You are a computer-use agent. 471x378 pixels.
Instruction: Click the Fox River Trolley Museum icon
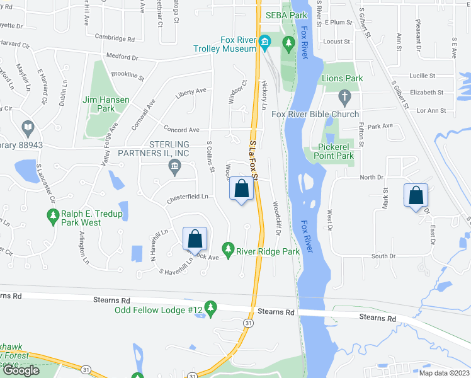click(265, 43)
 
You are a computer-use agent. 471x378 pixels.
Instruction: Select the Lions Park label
click(342, 79)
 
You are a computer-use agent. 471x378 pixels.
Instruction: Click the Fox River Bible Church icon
click(344, 97)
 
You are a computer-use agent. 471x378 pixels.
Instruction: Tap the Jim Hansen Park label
click(106, 104)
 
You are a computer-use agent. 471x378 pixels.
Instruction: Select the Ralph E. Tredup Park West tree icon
click(54, 218)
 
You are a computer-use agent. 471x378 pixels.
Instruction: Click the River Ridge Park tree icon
click(228, 251)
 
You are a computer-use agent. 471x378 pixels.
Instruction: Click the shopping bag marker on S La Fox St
click(241, 188)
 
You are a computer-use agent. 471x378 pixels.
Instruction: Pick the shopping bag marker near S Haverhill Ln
click(195, 239)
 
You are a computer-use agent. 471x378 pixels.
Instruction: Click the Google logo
click(21, 370)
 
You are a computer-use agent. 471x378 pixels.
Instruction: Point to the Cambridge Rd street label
click(115, 38)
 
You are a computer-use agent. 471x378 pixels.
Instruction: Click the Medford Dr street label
click(122, 57)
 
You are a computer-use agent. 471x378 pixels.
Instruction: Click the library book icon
click(28, 129)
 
